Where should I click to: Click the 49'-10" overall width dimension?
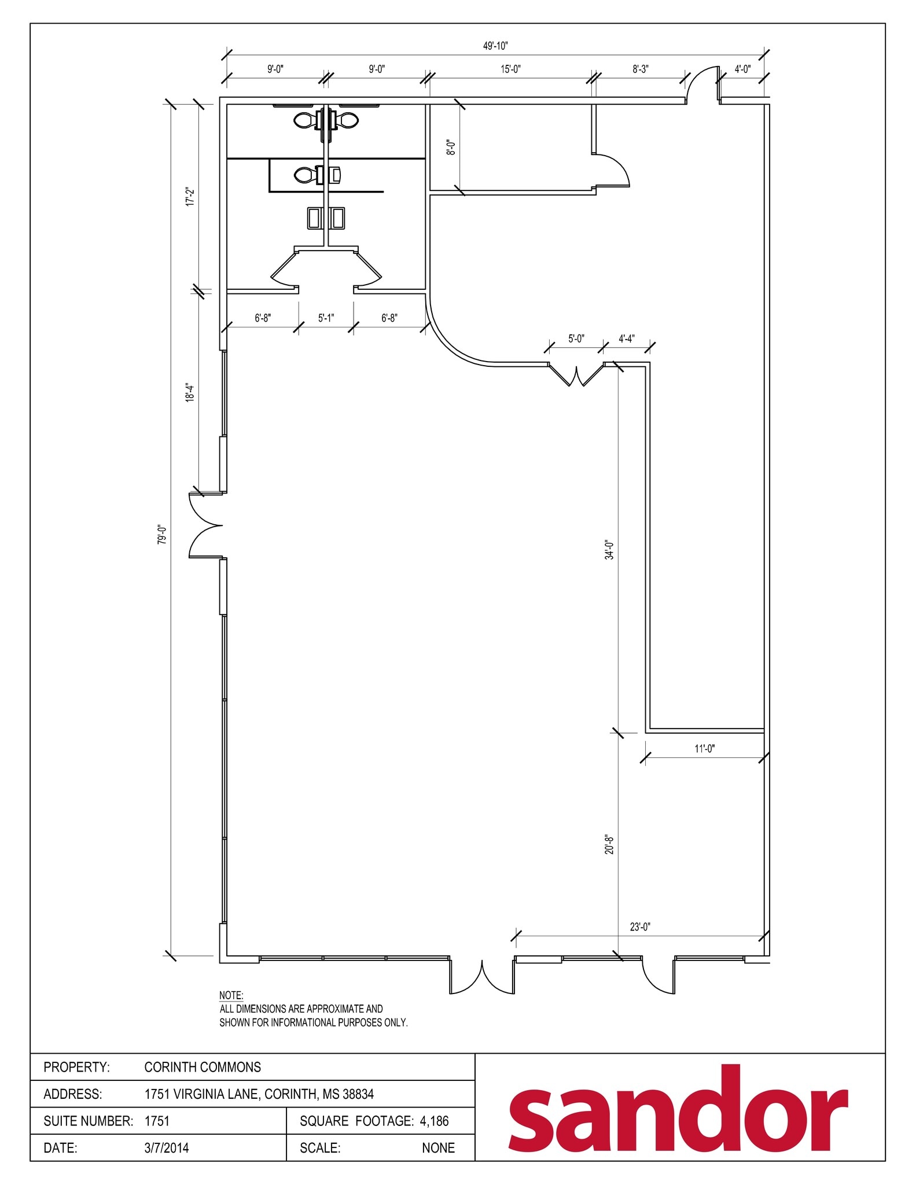495,46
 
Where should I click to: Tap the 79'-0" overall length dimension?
163,534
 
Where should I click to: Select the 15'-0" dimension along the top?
510,69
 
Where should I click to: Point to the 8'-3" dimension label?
640,69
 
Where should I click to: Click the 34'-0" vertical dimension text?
609,549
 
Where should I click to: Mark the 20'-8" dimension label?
609,845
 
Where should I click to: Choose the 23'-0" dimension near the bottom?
640,927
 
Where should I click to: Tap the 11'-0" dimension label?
704,749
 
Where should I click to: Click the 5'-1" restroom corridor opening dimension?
326,318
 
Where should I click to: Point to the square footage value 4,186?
434,1121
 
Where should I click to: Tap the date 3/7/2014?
167,1147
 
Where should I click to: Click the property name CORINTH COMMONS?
203,1067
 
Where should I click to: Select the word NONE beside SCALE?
438,1147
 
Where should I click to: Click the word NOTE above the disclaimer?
231,995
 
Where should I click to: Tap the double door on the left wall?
206,525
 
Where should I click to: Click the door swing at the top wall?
702,84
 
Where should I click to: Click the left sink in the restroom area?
315,218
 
